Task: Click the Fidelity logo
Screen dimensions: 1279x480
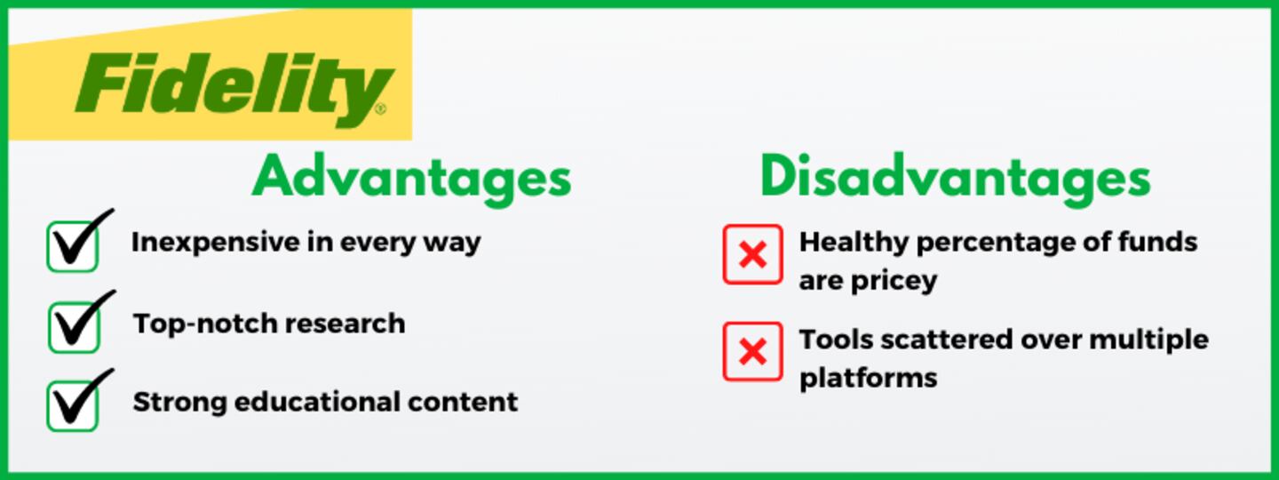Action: (x=234, y=89)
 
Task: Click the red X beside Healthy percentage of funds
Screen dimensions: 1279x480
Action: (x=752, y=254)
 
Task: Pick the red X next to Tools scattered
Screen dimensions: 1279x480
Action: (x=752, y=351)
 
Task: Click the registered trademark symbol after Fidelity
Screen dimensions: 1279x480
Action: (x=381, y=108)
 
